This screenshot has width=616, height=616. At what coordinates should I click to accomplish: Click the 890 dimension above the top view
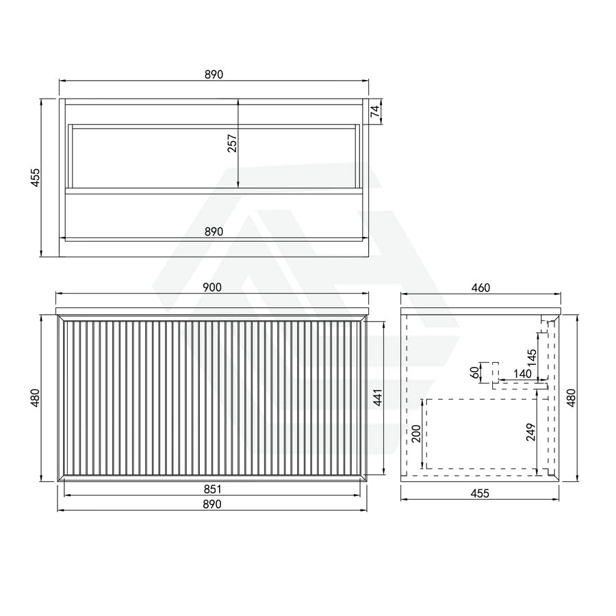pos(214,74)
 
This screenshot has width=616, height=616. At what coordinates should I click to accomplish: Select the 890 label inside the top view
pos(214,232)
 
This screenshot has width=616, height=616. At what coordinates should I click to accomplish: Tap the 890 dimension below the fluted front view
pos(213,504)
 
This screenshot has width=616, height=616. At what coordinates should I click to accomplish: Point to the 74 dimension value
pos(376,111)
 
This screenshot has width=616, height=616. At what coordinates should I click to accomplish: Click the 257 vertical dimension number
pos(233,143)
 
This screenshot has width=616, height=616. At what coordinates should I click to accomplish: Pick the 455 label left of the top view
pos(36,177)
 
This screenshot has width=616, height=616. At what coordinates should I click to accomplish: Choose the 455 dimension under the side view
pos(480,493)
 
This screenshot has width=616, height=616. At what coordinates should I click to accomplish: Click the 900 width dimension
pos(212,287)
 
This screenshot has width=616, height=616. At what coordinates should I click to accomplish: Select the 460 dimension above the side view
pos(481,287)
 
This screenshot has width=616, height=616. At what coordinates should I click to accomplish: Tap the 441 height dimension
pos(378,398)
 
